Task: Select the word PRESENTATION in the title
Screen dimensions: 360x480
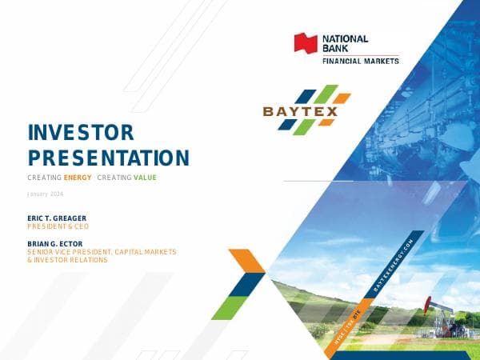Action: pyautogui.click(x=108, y=157)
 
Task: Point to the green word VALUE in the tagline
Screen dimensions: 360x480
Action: pyautogui.click(x=145, y=177)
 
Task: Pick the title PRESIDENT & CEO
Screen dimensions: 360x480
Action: pyautogui.click(x=58, y=226)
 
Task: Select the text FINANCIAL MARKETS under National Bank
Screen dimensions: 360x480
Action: pyautogui.click(x=360, y=61)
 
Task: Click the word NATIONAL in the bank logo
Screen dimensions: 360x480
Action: pyautogui.click(x=345, y=38)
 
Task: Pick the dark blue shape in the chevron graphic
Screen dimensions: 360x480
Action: pyautogui.click(x=249, y=284)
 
